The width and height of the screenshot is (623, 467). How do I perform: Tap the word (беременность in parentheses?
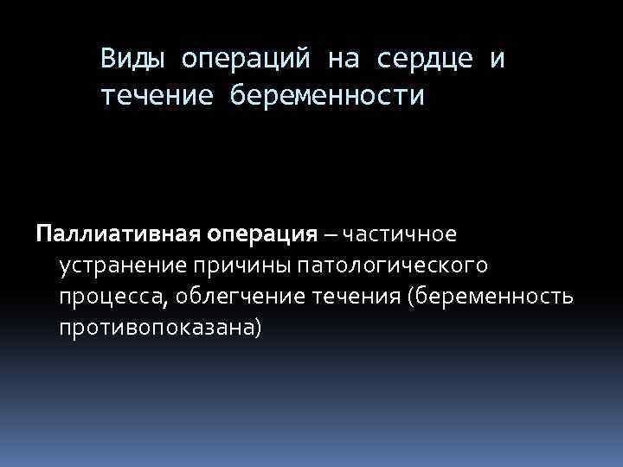pyautogui.click(x=494, y=297)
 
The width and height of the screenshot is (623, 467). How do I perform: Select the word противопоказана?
pyautogui.click(x=156, y=329)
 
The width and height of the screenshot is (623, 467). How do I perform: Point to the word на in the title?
pyautogui.click(x=348, y=60)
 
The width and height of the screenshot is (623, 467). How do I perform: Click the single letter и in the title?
pyautogui.click(x=496, y=60)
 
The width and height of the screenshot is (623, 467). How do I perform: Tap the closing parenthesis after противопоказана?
pyautogui.click(x=256, y=329)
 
